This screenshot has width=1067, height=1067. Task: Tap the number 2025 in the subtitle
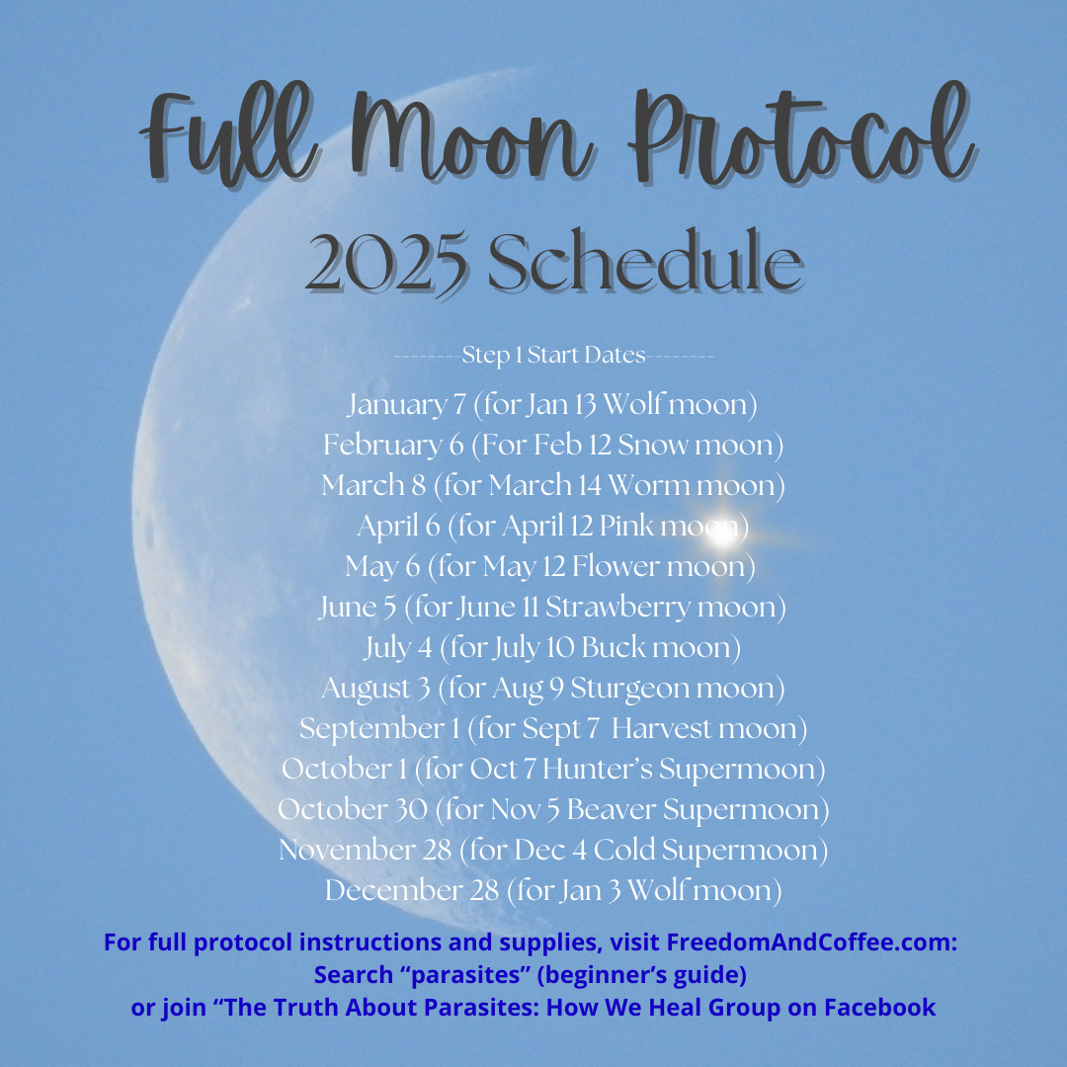(387, 263)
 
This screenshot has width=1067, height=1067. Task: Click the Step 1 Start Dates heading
(553, 356)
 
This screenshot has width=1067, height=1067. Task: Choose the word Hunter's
(598, 769)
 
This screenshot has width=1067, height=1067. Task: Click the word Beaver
(612, 809)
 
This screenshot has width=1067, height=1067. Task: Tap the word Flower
(616, 566)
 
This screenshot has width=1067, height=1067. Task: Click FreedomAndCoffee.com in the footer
(811, 943)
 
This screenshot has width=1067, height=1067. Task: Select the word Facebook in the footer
(880, 1007)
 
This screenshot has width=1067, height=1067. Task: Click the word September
(372, 728)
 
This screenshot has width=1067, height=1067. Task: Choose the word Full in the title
(227, 136)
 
